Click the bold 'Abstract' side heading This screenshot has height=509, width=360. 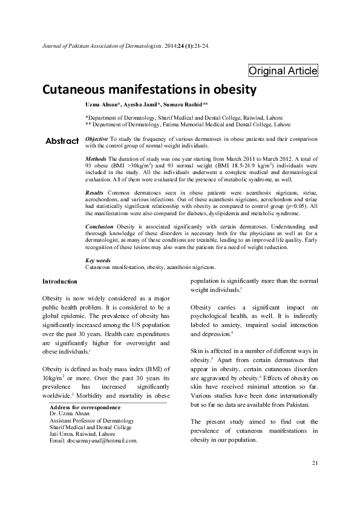click(62, 141)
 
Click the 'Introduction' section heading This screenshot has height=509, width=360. click(59, 282)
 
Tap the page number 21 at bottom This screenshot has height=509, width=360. click(314, 481)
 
